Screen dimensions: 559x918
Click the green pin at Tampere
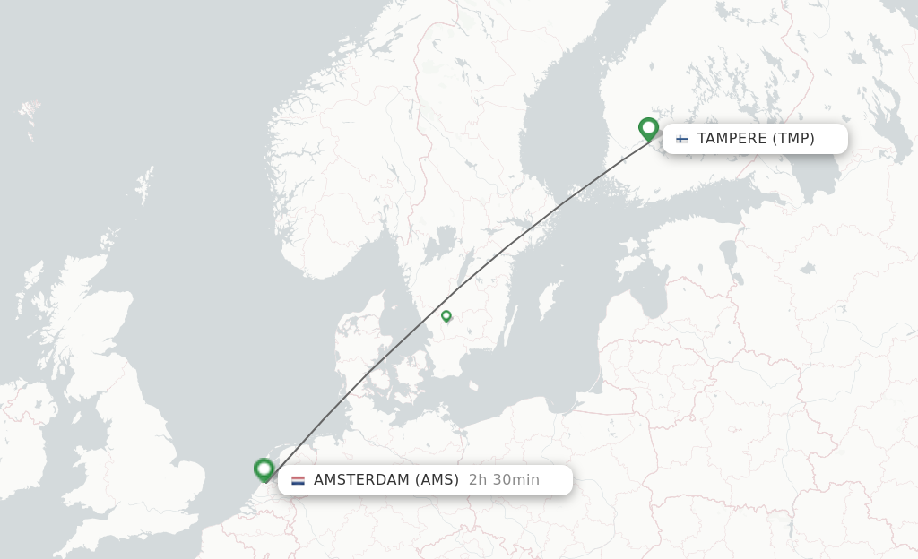(x=648, y=128)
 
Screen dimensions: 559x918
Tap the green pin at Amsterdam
(x=264, y=469)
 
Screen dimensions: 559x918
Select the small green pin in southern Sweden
(x=446, y=315)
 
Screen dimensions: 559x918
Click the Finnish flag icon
(x=682, y=139)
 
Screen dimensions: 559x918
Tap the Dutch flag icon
(x=298, y=480)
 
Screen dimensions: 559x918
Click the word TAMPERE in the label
(x=732, y=139)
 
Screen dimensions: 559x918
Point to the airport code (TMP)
(x=793, y=139)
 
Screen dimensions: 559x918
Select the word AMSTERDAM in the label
(x=360, y=480)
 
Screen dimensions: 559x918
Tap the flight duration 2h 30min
(x=504, y=480)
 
